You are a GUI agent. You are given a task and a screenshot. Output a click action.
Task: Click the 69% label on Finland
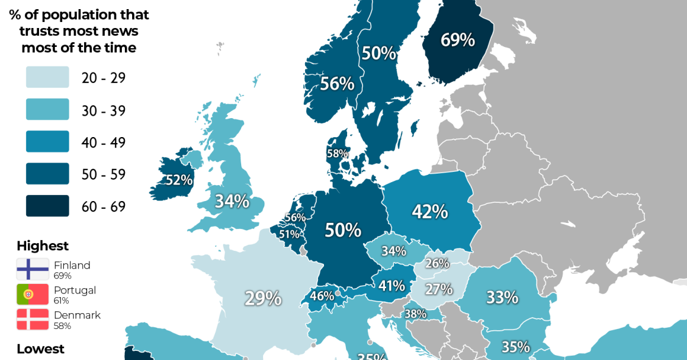(x=457, y=40)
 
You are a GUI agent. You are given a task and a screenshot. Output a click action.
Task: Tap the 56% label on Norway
(x=337, y=83)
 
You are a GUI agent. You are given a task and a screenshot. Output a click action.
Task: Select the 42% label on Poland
(x=430, y=211)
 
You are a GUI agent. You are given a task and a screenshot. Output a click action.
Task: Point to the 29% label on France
(x=263, y=298)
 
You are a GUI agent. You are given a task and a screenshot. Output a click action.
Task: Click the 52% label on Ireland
(x=180, y=180)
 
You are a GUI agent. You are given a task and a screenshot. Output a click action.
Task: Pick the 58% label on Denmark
(x=337, y=154)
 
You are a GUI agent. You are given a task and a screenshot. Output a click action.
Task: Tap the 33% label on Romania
(x=502, y=297)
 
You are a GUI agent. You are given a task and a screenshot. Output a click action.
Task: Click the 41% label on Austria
(x=392, y=285)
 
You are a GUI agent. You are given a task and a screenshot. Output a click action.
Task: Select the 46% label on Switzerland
(x=322, y=296)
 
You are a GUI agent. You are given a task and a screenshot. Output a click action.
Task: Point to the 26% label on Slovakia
(x=437, y=264)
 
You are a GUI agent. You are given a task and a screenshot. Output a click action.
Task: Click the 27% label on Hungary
(x=439, y=289)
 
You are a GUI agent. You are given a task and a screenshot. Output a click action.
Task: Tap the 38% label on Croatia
(x=416, y=314)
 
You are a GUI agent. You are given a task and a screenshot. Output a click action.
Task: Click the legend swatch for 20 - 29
(x=48, y=77)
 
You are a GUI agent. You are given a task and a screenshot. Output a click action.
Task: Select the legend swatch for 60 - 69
(x=48, y=206)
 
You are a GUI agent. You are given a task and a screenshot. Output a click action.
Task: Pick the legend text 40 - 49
(x=104, y=143)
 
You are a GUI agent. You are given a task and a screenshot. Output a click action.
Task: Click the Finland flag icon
(x=33, y=269)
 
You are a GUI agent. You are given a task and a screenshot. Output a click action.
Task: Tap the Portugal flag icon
(x=33, y=294)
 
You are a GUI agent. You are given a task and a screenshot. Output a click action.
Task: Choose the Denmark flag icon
(x=33, y=319)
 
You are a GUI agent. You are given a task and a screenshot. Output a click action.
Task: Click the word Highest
(x=43, y=246)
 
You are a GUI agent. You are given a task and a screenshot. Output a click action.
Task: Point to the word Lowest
(x=40, y=349)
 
